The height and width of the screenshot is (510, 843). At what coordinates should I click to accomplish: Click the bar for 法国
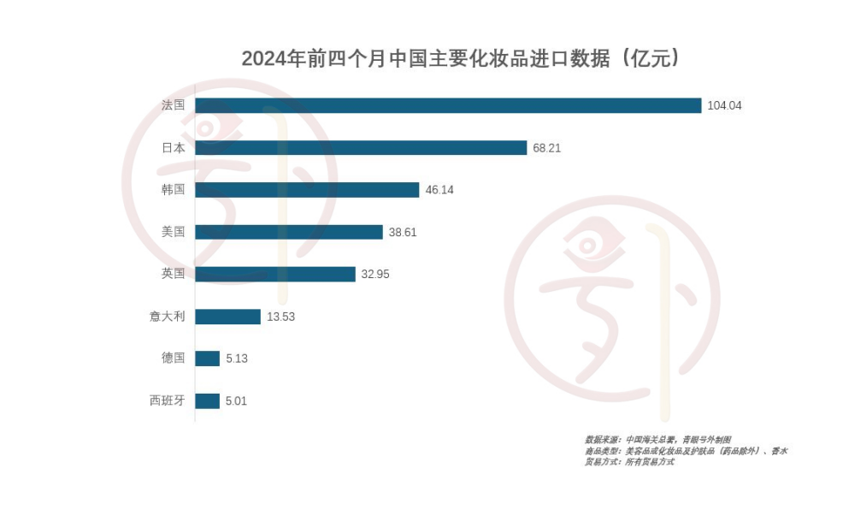point(448,105)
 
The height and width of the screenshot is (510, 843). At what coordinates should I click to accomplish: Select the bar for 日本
point(361,147)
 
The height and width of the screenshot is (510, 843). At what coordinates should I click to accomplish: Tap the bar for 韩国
point(307,190)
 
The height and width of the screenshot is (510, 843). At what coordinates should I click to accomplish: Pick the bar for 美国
point(289,232)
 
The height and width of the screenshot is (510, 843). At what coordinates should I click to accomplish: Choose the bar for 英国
point(275,274)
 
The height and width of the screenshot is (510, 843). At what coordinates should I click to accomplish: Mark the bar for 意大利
point(227,317)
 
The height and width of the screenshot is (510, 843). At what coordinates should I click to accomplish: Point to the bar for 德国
point(208,359)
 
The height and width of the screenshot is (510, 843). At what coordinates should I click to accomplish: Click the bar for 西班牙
point(207,400)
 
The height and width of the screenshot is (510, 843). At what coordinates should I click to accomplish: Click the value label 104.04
point(725,105)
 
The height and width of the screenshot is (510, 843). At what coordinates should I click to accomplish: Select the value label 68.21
point(547,148)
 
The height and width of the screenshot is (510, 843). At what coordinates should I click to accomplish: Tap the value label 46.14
point(439,190)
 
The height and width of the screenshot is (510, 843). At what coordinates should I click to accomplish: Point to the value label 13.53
point(280,317)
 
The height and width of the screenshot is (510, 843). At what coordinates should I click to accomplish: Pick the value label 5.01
point(237,400)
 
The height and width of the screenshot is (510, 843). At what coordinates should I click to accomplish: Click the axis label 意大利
point(167,317)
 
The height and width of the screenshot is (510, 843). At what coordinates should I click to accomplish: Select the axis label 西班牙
point(167,400)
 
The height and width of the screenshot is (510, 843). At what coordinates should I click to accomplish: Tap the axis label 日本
point(174,148)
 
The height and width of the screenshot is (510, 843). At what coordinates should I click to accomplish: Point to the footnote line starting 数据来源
point(658,439)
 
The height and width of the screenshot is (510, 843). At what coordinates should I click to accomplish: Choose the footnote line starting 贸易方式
point(629,462)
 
